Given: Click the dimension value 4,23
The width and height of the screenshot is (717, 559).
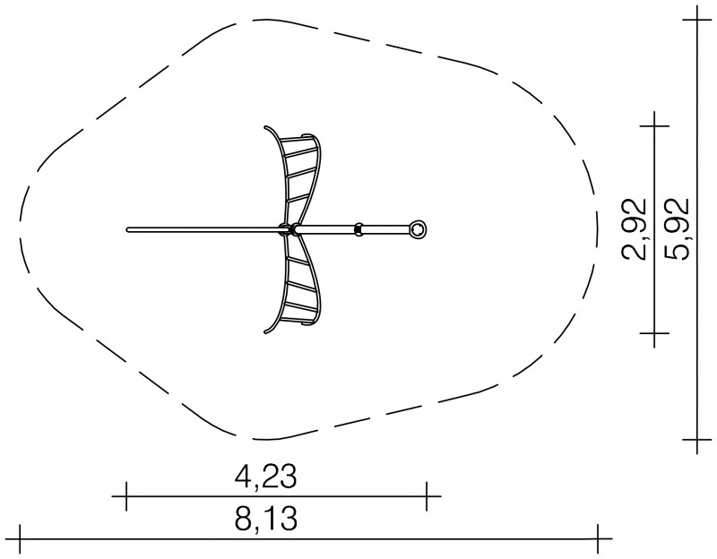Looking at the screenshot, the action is click(x=265, y=477).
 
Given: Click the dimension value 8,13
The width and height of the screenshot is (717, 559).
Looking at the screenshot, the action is click(x=265, y=519).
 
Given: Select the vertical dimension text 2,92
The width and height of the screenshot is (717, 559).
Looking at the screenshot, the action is click(x=635, y=229).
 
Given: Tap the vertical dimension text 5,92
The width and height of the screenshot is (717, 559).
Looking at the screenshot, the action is click(x=677, y=229).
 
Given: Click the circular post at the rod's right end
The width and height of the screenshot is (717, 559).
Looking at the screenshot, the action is click(x=418, y=228).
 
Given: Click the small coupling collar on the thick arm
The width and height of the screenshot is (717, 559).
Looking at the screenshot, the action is click(x=359, y=228).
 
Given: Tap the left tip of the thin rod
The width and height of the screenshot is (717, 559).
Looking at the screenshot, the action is click(x=127, y=229).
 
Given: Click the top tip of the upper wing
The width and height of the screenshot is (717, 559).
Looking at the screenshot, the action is click(x=265, y=127).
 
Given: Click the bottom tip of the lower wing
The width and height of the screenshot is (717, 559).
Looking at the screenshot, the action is click(x=265, y=331).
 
